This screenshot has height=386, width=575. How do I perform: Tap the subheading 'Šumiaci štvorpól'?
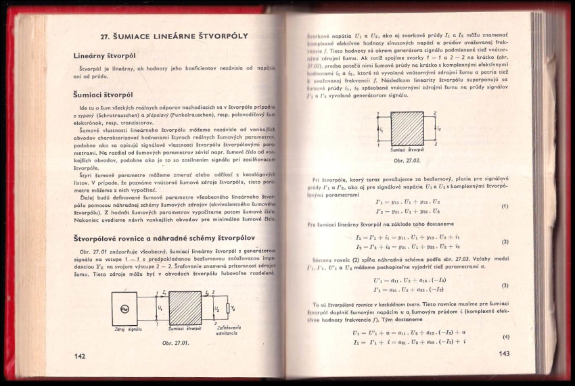(101, 95)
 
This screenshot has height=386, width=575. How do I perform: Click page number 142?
(80, 354)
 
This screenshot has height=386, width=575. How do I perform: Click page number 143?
(503, 353)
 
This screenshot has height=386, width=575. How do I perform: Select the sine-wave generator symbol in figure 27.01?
(124, 309)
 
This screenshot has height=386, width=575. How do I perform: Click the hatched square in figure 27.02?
(407, 128)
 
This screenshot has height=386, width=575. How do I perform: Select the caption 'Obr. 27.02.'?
(407, 160)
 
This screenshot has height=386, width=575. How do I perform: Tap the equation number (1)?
(505, 206)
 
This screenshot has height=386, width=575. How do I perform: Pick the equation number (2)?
(505, 241)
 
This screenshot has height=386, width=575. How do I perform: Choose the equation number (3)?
(505, 285)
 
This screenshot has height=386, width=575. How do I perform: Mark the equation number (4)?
(505, 337)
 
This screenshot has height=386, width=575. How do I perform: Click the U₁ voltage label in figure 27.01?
(160, 308)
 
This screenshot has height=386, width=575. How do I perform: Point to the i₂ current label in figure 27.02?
(440, 128)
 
